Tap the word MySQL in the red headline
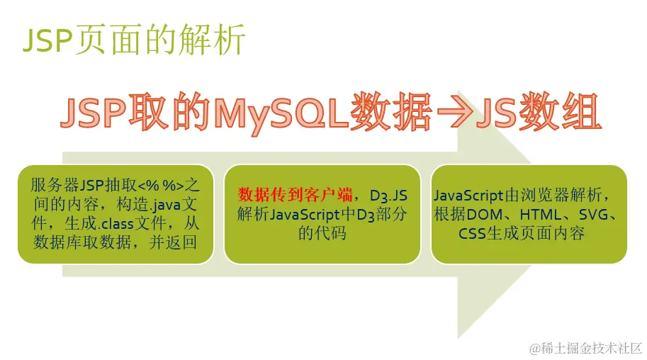click(281, 112)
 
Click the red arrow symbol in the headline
click(454, 111)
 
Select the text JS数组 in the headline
click(539, 111)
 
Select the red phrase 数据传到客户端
click(295, 194)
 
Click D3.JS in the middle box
click(388, 196)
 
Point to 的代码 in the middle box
click(322, 233)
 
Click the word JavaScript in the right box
click(468, 196)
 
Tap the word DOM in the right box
click(485, 215)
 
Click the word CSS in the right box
click(472, 234)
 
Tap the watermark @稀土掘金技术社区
click(585, 348)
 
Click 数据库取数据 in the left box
click(82, 242)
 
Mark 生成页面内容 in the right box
click(536, 233)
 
